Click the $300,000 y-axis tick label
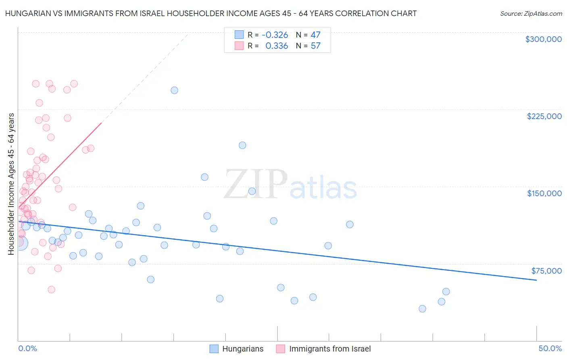543,39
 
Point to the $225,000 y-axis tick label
544,116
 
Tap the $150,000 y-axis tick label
544,193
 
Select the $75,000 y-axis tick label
546,271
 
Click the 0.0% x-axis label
27,348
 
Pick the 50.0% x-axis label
550,348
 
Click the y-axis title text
11,184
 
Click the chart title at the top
211,13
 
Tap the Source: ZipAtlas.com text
531,14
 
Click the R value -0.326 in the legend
275,35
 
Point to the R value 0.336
277,46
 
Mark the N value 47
315,35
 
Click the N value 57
315,46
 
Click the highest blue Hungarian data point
174,90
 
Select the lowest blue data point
422,309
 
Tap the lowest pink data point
51,289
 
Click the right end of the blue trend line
536,280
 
